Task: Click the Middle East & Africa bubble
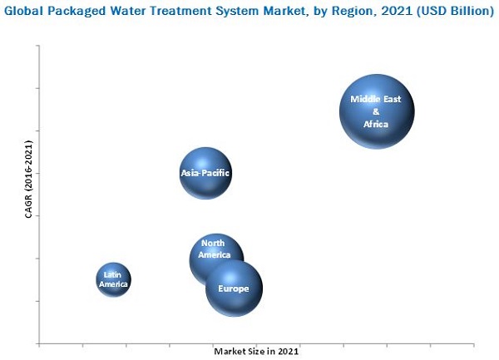(377, 111)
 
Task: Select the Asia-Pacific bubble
(205, 174)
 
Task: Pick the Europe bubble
(234, 288)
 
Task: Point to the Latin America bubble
(113, 280)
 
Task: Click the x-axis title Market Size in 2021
(256, 352)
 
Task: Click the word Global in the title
(27, 12)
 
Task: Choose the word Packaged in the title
(81, 12)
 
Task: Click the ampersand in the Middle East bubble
(376, 111)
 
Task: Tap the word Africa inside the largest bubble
(376, 124)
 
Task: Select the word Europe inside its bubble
(233, 288)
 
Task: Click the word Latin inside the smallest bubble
(113, 274)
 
